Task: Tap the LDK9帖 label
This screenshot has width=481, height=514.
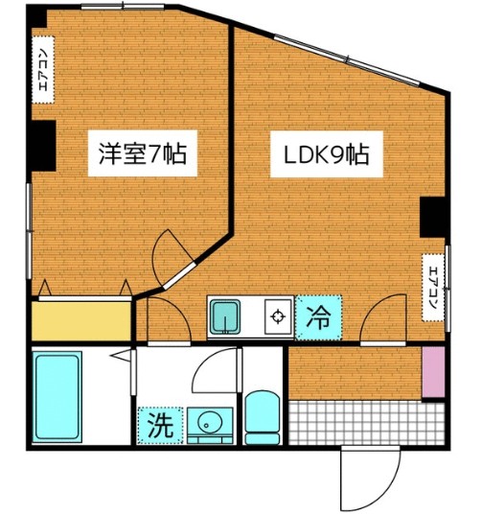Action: [326, 152]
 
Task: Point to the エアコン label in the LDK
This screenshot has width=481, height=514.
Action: [432, 282]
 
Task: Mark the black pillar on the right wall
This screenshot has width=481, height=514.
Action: [434, 218]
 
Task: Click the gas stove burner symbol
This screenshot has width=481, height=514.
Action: [278, 316]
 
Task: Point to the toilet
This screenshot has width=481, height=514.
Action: [260, 416]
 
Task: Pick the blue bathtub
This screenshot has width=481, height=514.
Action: [57, 395]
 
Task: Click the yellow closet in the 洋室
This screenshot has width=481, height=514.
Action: [80, 320]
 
